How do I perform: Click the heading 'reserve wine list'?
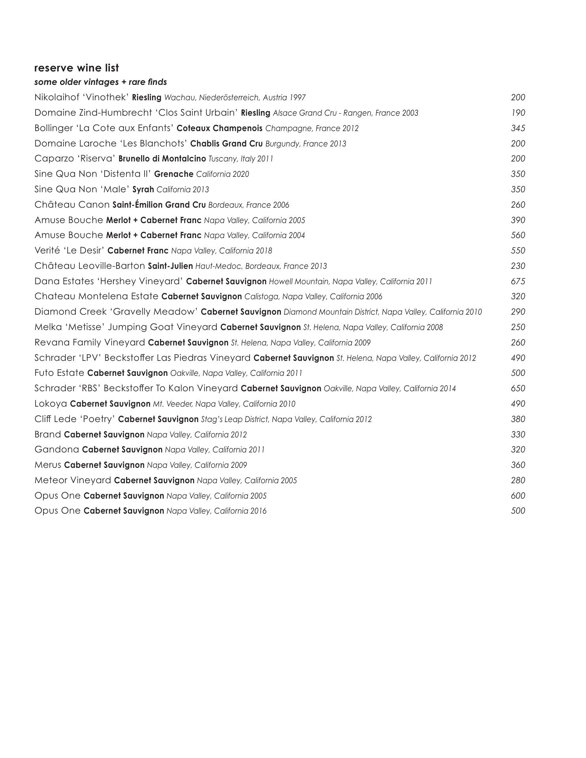point(77,68)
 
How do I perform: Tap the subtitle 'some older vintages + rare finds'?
point(100,82)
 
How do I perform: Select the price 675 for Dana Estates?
point(518,281)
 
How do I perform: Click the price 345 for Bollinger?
point(518,128)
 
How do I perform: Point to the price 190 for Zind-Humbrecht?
point(518,113)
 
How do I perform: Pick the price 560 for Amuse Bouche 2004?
point(518,235)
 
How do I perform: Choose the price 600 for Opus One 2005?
point(518,496)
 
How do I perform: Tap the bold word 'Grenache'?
point(174,174)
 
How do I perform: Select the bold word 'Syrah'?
point(143,189)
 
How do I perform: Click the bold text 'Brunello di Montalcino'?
point(162,159)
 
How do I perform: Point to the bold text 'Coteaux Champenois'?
point(220,128)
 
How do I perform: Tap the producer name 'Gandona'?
point(57,450)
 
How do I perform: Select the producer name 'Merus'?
point(48,465)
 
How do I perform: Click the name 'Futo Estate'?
point(59,373)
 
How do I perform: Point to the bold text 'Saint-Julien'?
point(170,266)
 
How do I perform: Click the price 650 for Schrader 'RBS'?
point(518,388)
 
